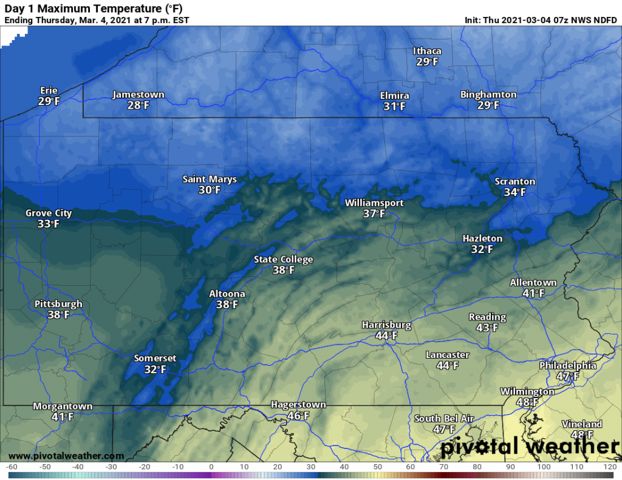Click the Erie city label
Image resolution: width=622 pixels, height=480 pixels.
coord(48,90)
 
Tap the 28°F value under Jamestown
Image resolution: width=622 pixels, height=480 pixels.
coord(138,106)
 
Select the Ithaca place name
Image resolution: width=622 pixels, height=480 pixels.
coord(427,51)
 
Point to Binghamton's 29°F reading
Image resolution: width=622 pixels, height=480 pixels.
coord(488,106)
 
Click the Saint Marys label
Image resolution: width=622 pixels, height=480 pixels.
coord(210,179)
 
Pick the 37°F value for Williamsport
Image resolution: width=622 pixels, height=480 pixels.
coord(374,214)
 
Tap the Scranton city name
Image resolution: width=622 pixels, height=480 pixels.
coord(514,181)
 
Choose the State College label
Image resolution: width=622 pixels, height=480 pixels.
coord(283,260)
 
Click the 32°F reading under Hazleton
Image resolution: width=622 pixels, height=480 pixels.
coord(482,249)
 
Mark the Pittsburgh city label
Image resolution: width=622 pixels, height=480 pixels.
coord(58,304)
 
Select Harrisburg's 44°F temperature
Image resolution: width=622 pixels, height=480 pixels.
coord(386,336)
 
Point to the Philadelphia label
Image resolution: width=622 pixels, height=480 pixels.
coord(568,365)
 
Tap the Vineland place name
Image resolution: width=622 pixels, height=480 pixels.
coord(582,424)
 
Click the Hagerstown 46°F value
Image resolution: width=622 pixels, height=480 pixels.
coord(298,416)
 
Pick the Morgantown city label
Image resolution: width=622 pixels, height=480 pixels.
coord(63,406)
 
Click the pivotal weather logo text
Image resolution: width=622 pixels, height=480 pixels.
coord(530,447)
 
